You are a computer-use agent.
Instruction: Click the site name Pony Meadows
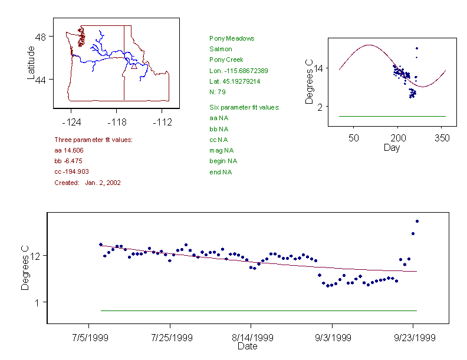(232, 38)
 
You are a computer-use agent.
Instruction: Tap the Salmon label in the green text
(221, 49)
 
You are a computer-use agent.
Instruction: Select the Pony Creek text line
(226, 60)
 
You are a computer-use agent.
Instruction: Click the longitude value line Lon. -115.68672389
(238, 71)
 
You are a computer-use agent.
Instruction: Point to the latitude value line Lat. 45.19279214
(235, 81)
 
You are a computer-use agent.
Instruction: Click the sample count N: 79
(218, 92)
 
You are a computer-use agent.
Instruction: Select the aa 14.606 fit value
(68, 150)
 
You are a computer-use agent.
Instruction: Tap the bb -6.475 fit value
(67, 161)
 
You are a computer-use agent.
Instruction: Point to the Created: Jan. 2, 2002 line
(87, 183)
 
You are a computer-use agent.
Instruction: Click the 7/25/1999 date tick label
(172, 338)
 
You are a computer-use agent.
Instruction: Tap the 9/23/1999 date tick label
(415, 338)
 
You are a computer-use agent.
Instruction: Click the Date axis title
(247, 346)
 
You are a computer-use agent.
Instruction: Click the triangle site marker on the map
(134, 66)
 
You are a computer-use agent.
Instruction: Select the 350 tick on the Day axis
(442, 138)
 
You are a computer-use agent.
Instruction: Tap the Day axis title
(391, 147)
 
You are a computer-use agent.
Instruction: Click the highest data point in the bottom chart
(417, 221)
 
